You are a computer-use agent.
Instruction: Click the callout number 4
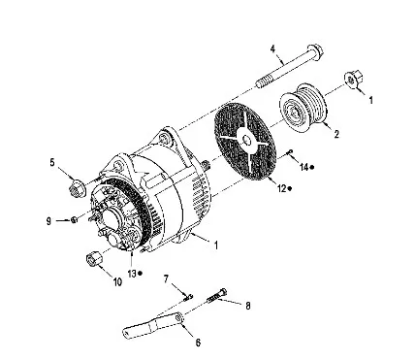[x=273, y=49]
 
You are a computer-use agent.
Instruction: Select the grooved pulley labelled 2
[x=303, y=108]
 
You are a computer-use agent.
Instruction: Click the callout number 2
[x=336, y=134]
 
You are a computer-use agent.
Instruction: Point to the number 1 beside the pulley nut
[x=371, y=100]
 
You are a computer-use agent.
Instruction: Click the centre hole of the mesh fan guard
[x=247, y=141]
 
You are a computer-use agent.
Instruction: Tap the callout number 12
[x=282, y=188]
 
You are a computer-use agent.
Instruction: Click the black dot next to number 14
[x=312, y=167]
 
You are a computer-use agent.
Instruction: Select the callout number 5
[x=52, y=162]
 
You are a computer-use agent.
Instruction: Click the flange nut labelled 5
[x=77, y=188]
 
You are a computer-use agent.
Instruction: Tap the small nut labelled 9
[x=74, y=220]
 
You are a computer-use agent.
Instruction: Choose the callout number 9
[x=48, y=221]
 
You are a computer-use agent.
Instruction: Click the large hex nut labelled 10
[x=94, y=259]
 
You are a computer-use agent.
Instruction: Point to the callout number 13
[x=132, y=274]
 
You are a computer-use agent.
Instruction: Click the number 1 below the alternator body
[x=216, y=245]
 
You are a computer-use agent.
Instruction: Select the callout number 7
[x=167, y=279]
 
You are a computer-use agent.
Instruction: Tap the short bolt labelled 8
[x=217, y=296]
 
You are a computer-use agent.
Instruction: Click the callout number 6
[x=198, y=343]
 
